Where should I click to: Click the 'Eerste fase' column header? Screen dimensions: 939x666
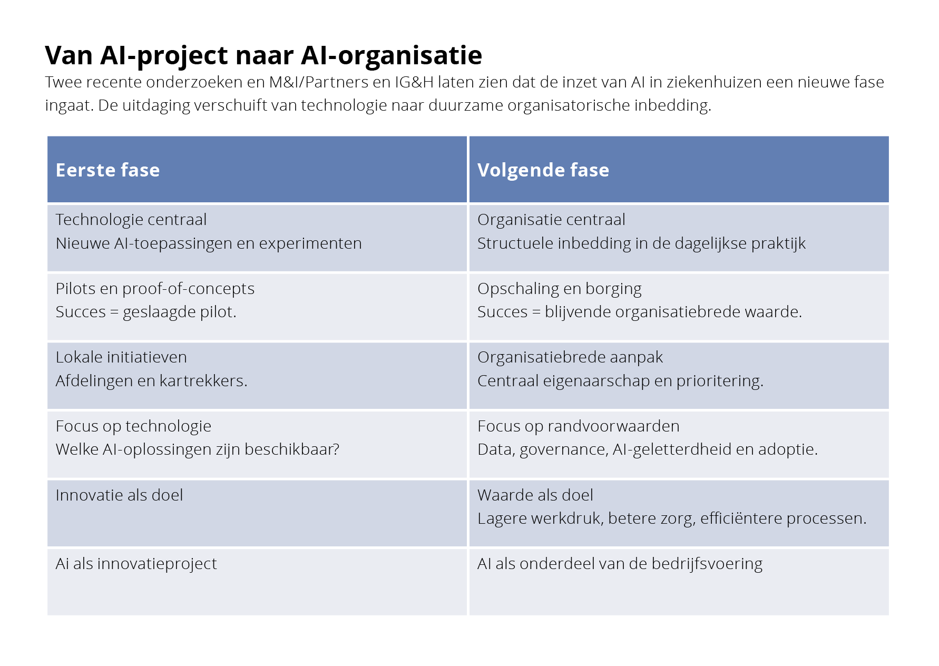point(107,170)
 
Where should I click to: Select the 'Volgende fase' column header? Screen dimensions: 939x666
point(543,170)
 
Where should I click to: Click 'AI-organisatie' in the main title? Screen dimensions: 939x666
point(392,55)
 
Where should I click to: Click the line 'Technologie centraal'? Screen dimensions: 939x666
point(131,220)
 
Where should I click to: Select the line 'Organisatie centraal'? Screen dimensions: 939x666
point(551,220)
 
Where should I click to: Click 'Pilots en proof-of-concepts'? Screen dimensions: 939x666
point(155,289)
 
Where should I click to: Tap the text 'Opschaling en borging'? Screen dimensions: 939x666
point(560,289)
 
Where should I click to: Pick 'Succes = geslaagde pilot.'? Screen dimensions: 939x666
point(146,312)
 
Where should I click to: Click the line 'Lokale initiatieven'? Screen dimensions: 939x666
point(121,357)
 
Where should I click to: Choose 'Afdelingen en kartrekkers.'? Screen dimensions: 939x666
point(151,381)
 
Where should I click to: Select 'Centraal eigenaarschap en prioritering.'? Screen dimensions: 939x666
point(620,381)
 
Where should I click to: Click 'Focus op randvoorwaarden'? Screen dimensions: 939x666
point(579,426)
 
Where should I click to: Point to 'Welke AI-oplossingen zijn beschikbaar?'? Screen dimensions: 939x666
point(198,449)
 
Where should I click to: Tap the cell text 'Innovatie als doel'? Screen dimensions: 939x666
point(119,495)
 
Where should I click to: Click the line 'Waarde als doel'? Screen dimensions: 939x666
point(535,495)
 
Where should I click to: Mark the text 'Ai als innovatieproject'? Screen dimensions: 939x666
point(136,564)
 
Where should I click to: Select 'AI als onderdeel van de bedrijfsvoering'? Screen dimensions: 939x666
point(620,564)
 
